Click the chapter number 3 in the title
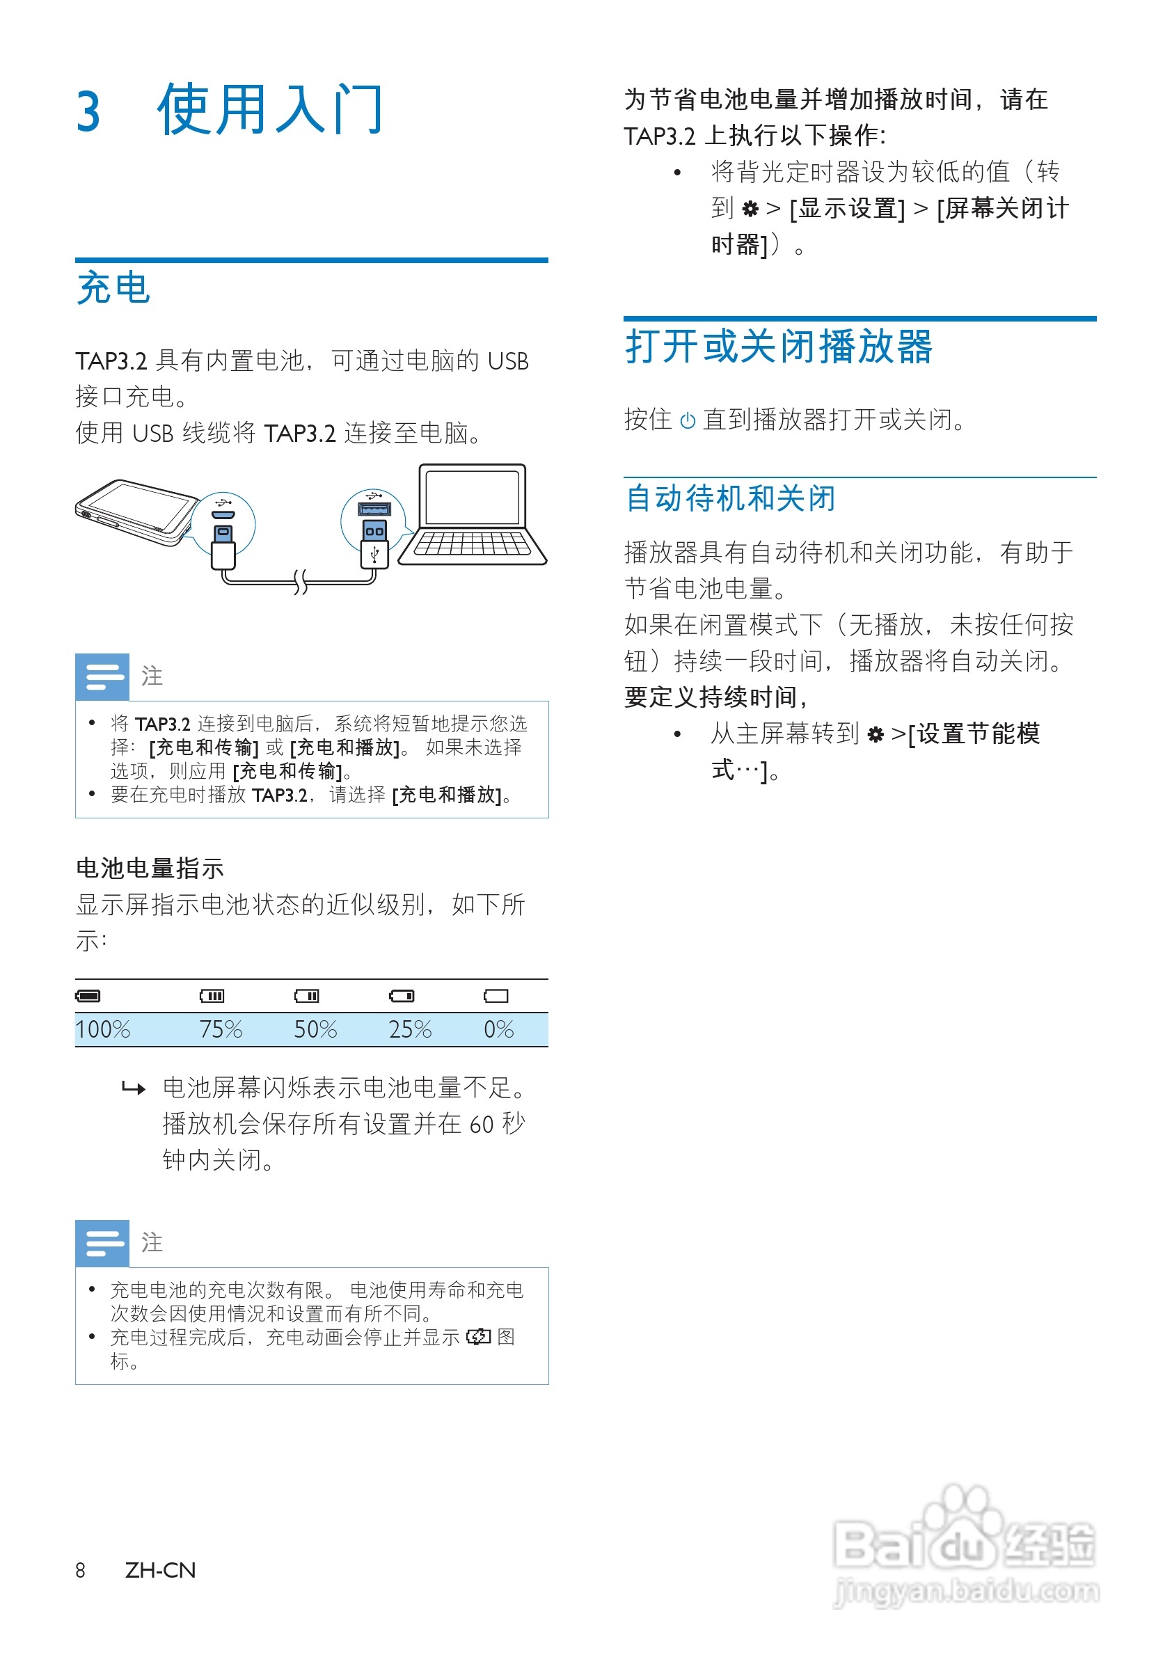click(x=88, y=113)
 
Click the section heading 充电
click(x=113, y=288)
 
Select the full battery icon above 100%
click(x=88, y=996)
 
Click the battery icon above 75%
click(x=212, y=996)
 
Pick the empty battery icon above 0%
click(x=496, y=996)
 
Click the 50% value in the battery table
click(x=315, y=1029)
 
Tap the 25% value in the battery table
click(x=410, y=1029)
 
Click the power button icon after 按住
click(x=688, y=421)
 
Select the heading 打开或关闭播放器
click(x=779, y=347)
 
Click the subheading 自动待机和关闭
click(x=730, y=498)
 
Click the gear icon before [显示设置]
click(x=750, y=209)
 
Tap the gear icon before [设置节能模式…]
click(x=876, y=735)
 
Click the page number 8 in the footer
click(x=80, y=1571)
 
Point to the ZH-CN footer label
click(x=160, y=1571)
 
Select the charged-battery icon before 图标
click(x=478, y=1337)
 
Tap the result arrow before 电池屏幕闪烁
click(x=134, y=1088)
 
